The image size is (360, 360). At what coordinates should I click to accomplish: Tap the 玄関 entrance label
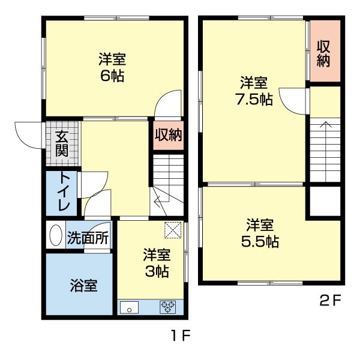[62, 143]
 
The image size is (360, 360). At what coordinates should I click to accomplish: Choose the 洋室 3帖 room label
[156, 263]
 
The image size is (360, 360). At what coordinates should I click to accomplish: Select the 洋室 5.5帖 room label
[260, 233]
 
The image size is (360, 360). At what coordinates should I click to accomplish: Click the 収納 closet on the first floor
[167, 134]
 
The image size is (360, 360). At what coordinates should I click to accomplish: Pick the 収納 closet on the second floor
[325, 53]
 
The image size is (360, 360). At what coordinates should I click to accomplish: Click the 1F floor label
[179, 337]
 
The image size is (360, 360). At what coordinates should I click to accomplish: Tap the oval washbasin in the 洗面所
[56, 236]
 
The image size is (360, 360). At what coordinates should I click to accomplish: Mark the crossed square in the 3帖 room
[173, 229]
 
